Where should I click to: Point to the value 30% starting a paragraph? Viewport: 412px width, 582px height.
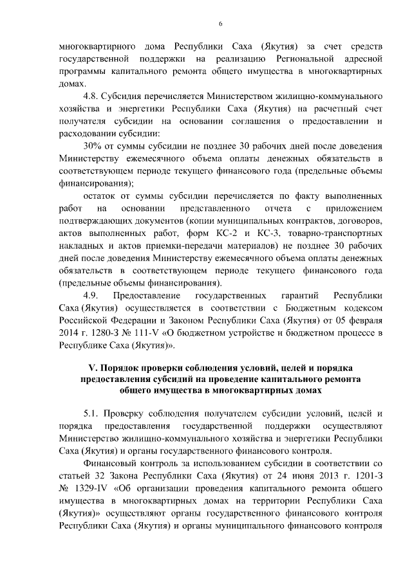[x=93, y=146]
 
